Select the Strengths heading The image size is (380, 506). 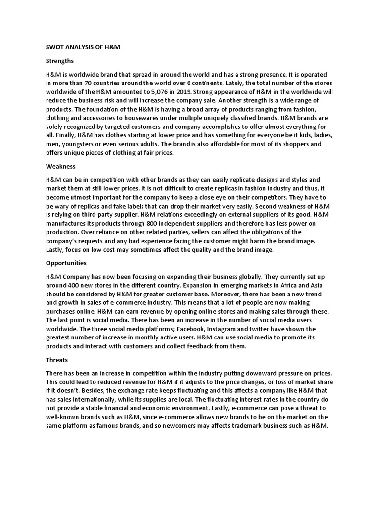(59, 61)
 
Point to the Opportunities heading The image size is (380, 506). (66, 263)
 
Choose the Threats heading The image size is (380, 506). (56, 360)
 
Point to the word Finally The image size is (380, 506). (65, 135)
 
